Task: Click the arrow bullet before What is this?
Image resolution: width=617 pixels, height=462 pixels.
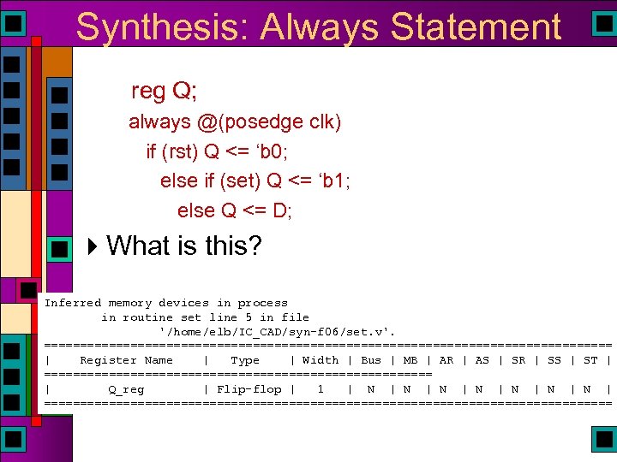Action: tap(93, 246)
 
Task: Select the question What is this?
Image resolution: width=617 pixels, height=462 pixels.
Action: tap(184, 246)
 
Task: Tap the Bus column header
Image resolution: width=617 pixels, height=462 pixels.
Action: tap(371, 360)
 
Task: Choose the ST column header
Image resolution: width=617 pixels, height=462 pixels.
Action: tap(590, 360)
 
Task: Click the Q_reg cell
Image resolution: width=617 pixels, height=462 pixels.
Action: tap(126, 389)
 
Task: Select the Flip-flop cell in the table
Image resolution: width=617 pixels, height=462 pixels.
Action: tap(249, 389)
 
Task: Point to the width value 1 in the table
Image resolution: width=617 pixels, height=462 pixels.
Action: tap(320, 389)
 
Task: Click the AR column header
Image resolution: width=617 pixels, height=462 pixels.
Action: tap(446, 360)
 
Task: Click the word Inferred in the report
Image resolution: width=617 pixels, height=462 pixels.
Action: tap(73, 303)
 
